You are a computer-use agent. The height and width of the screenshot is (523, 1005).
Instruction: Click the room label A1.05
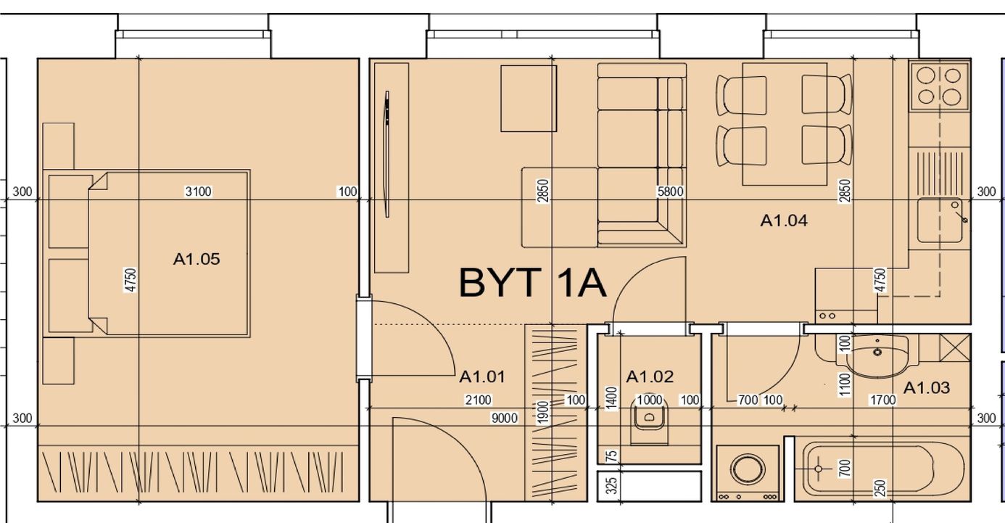pos(197,259)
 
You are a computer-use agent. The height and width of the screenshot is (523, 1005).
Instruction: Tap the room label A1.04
pos(784,221)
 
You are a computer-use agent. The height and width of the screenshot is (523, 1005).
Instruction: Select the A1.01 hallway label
pos(482,376)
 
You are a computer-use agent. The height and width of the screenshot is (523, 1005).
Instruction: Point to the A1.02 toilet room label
pos(650,376)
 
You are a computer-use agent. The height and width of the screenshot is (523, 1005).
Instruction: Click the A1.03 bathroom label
pos(927,387)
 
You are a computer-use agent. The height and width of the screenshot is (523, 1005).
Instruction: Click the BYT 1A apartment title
pos(532,283)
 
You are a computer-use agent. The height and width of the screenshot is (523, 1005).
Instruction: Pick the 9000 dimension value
pos(504,418)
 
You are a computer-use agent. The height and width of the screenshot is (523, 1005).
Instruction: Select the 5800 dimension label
pos(670,192)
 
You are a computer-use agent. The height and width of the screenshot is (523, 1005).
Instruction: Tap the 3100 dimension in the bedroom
pos(198,192)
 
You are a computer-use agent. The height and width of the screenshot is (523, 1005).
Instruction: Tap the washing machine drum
pos(747,469)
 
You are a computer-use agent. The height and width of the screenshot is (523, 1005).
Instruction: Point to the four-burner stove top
pos(939,86)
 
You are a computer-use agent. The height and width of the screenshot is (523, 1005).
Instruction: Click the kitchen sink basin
pos(940,220)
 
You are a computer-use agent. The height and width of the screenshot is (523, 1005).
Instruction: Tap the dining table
pos(785,124)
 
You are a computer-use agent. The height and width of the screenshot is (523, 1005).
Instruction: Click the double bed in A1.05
pos(169,254)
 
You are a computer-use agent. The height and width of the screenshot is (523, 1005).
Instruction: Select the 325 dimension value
pos(611,486)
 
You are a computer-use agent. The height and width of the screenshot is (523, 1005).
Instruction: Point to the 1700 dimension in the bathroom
pos(883,400)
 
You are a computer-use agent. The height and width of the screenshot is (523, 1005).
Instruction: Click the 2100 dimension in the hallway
pos(479,400)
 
